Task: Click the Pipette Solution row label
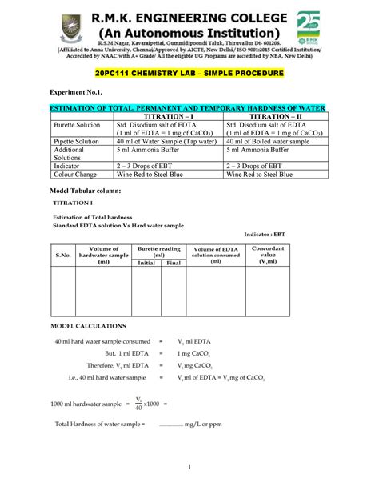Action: click(78, 140)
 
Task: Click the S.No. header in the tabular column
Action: click(62, 256)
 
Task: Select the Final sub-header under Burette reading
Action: click(173, 262)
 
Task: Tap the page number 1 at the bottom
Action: click(189, 468)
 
